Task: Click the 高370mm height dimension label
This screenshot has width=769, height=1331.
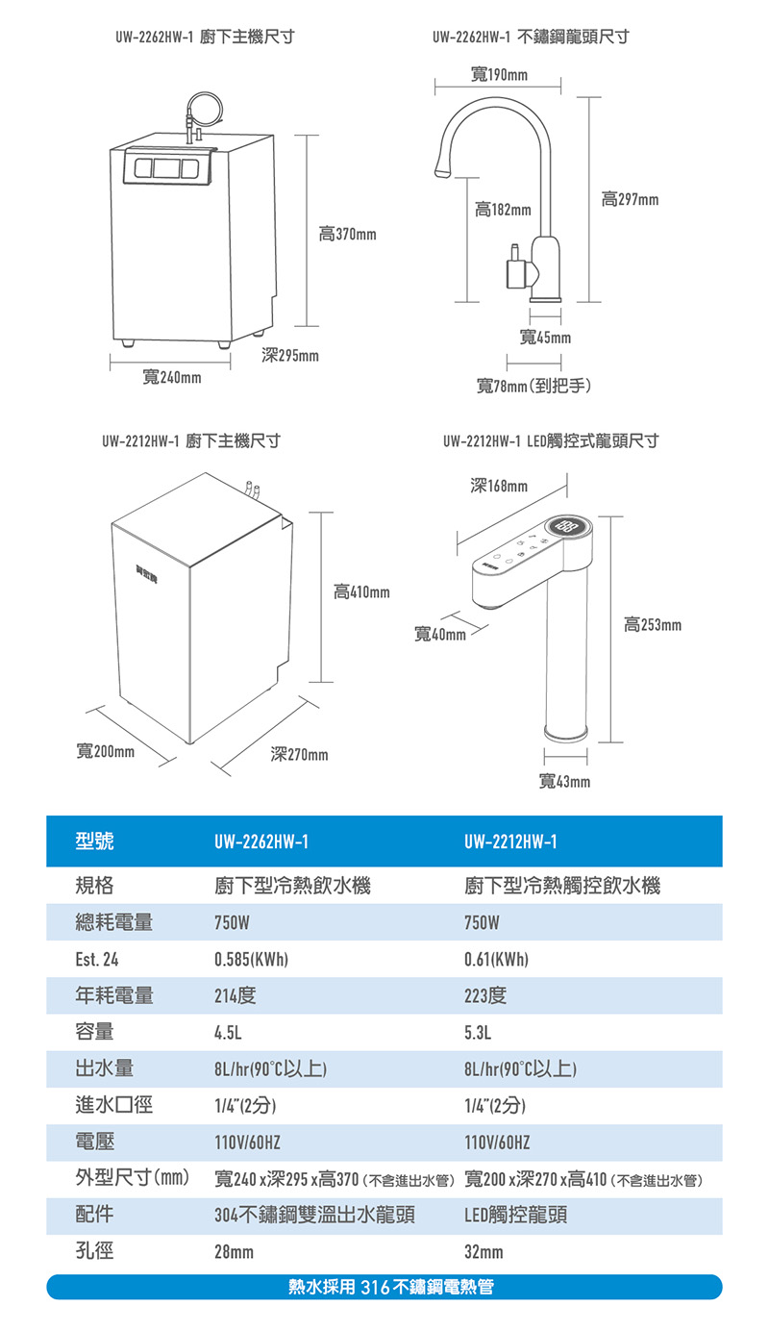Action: click(x=347, y=234)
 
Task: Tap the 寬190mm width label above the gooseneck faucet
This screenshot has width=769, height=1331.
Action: click(x=499, y=74)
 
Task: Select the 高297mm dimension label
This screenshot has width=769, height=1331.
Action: click(x=630, y=199)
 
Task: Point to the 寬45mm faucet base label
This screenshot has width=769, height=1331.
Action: click(x=545, y=338)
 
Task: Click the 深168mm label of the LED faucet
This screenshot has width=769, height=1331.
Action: click(x=499, y=486)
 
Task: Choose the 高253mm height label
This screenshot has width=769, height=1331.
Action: click(x=653, y=624)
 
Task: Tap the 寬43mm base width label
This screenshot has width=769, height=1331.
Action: click(x=564, y=781)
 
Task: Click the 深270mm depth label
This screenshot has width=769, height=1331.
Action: click(x=299, y=754)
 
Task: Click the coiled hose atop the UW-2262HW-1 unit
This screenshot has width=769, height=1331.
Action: click(x=205, y=109)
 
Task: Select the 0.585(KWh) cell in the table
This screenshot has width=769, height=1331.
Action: click(x=251, y=959)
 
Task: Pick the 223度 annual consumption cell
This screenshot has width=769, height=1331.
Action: click(x=485, y=995)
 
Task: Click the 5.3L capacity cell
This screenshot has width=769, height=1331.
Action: click(x=478, y=1032)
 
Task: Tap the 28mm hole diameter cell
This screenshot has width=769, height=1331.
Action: click(x=234, y=1252)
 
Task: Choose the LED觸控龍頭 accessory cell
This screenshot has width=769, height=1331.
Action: click(x=515, y=1215)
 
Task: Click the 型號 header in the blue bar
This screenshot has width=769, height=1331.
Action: click(x=94, y=841)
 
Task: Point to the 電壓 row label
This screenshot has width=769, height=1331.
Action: click(x=95, y=1141)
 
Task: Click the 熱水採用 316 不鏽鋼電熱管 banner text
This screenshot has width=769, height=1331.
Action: click(x=390, y=1287)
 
